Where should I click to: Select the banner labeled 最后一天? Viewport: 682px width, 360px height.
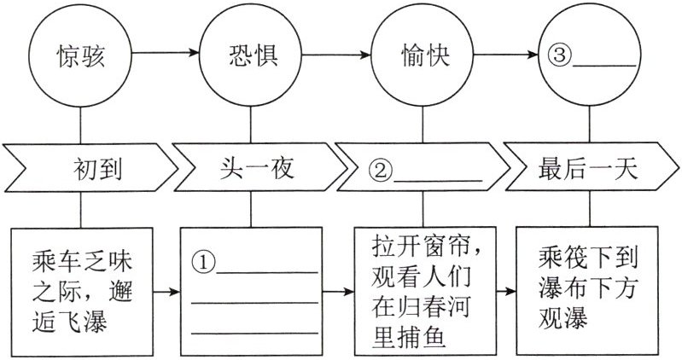pos(589,168)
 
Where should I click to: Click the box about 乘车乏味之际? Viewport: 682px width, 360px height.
pos(82,291)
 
